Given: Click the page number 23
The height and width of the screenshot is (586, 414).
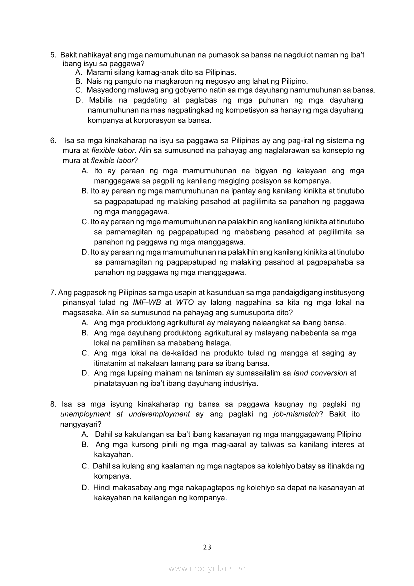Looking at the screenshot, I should point(207,547).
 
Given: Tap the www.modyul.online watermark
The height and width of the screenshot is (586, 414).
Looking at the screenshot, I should point(207,568).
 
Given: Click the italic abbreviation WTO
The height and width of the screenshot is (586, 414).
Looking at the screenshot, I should point(185,302).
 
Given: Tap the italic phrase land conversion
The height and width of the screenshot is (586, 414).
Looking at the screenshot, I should point(320,373).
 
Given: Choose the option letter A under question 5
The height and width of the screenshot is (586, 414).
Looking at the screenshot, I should point(78,73).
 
